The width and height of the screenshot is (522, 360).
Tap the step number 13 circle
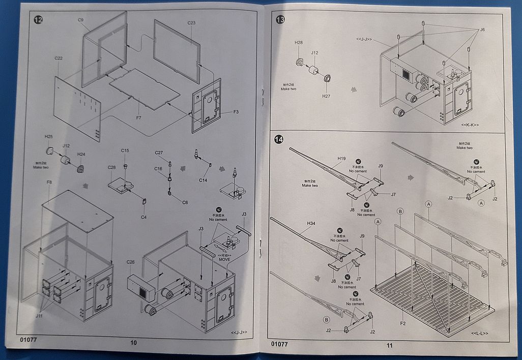point(280,20)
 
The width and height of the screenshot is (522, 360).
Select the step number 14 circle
point(279,139)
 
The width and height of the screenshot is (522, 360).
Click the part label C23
point(191,23)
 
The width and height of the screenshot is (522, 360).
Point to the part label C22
point(59,58)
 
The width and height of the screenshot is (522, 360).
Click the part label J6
point(482,30)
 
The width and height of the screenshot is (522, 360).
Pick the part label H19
point(341,159)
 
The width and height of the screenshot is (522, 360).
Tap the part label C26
point(131,262)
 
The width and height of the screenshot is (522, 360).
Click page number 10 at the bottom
point(134,342)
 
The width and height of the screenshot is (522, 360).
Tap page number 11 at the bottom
point(389,345)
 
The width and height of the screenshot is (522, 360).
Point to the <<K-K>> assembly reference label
point(470,125)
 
